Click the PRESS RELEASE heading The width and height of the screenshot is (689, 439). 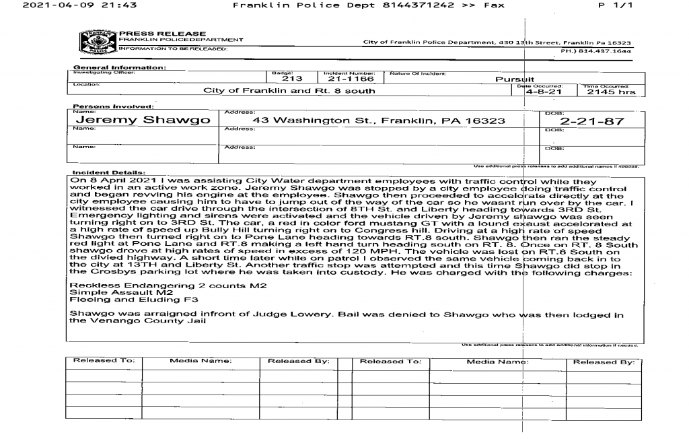pyautogui.click(x=163, y=33)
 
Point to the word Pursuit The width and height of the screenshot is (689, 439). pyautogui.click(x=514, y=79)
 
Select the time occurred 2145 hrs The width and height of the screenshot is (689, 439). pyautogui.click(x=610, y=92)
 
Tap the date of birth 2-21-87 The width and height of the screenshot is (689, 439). pyautogui.click(x=592, y=123)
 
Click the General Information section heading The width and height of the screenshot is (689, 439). pyautogui.click(x=120, y=67)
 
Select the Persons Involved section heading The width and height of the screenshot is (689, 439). pyautogui.click(x=112, y=106)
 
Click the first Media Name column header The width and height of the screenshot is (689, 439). pyautogui.click(x=200, y=362)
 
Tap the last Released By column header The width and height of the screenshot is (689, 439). pyautogui.click(x=603, y=362)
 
